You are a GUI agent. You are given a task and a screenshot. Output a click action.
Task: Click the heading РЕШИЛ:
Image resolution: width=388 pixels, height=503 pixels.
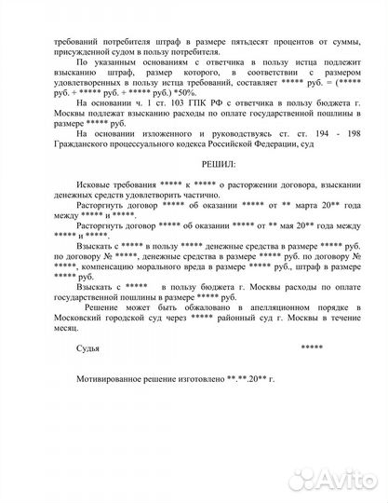(194, 162)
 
